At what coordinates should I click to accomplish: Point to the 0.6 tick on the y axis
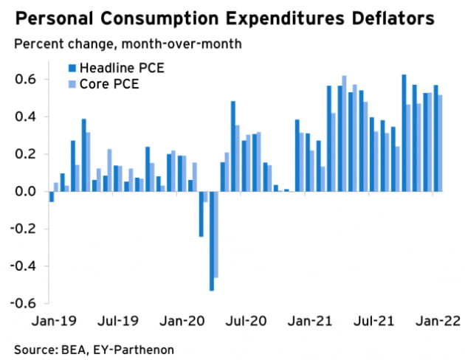(26, 79)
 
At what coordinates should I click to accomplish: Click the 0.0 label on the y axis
(26, 192)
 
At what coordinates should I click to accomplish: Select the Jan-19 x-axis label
(50, 321)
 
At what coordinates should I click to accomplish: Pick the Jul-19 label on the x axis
(115, 321)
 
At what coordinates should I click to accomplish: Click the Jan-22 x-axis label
(437, 321)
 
